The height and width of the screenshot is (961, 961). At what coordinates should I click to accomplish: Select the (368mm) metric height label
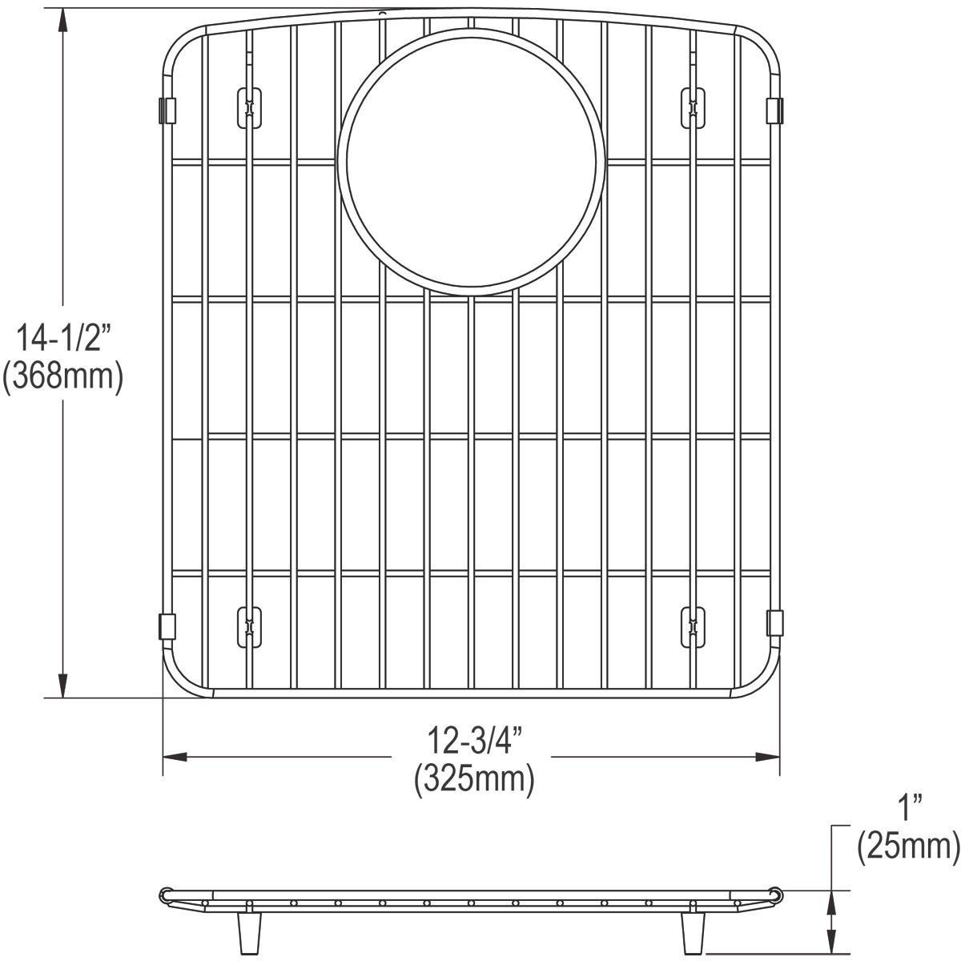[62, 376]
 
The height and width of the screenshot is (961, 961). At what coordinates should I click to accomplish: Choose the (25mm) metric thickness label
[908, 847]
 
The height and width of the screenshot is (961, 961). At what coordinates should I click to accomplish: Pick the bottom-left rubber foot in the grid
[250, 625]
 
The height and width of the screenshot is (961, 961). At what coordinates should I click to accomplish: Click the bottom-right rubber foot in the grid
[692, 625]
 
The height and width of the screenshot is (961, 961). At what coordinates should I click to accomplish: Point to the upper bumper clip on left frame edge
[167, 111]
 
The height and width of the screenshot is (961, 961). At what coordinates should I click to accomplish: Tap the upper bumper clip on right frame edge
[774, 111]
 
